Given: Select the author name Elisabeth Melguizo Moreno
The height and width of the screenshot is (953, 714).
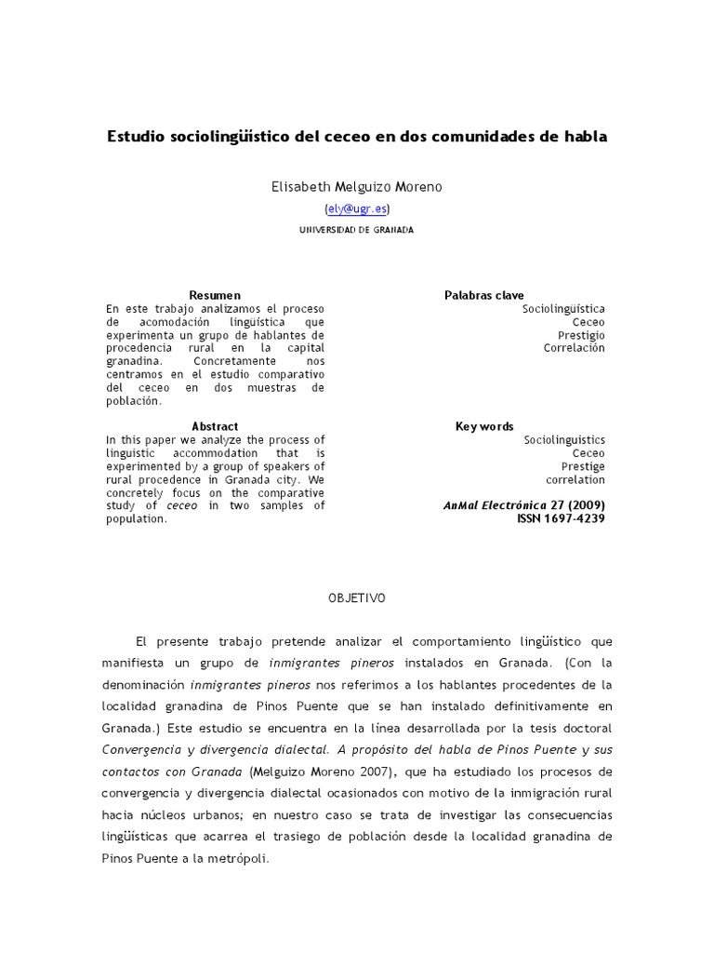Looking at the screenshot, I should (357, 187).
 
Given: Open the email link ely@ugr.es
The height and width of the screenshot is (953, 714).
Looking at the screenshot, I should (357, 209).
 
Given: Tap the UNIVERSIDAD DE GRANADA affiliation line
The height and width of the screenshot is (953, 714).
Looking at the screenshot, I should (357, 230).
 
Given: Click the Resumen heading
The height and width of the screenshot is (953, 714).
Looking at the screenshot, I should (215, 295).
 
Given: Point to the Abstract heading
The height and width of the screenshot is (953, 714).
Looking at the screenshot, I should (215, 426).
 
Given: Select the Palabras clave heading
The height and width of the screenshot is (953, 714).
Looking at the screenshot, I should (484, 295).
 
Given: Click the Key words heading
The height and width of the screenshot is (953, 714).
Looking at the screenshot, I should (484, 426).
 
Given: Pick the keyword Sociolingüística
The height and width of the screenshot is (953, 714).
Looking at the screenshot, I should (563, 308).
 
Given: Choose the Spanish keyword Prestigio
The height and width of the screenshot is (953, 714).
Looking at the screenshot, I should (581, 334).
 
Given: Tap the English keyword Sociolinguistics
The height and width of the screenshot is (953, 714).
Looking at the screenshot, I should (564, 439).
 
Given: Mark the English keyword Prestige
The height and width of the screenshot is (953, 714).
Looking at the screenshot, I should (583, 466).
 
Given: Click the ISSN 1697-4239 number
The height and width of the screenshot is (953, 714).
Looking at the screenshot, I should (561, 518).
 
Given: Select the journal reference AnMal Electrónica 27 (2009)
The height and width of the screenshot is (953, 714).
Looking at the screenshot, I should (525, 505).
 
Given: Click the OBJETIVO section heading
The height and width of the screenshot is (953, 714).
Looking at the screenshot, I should (356, 599).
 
